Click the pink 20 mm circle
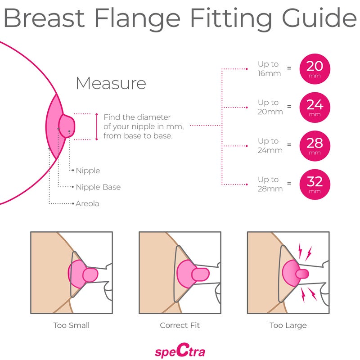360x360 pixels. point(315,68)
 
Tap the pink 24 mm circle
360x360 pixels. point(315,107)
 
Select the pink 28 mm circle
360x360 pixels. point(315,145)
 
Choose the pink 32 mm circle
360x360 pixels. point(315,184)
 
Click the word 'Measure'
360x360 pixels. point(111,84)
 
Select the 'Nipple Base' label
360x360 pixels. point(98,187)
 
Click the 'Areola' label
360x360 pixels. point(87,204)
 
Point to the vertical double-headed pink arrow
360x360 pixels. point(97,127)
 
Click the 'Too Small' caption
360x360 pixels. point(71,325)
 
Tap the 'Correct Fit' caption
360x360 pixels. point(180,325)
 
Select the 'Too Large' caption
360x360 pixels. point(288,325)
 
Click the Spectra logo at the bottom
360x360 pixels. point(180,349)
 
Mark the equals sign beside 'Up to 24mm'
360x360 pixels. point(289,145)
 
